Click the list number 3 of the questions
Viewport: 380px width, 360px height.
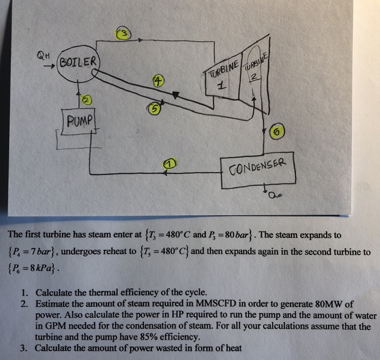tap(24, 348)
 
